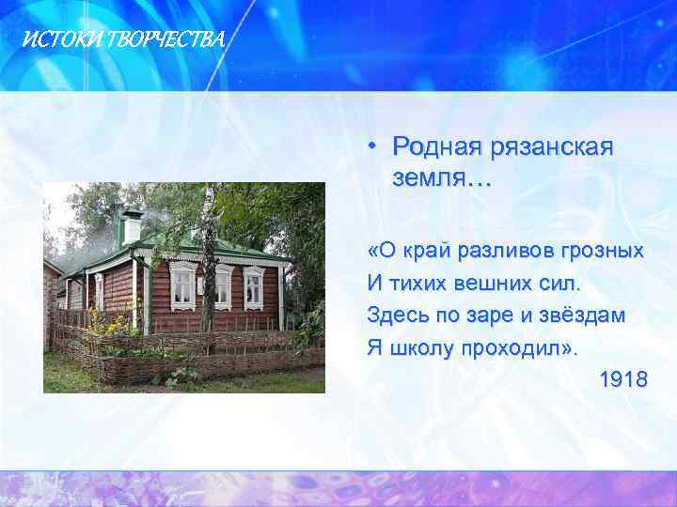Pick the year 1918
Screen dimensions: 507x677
pyautogui.click(x=622, y=379)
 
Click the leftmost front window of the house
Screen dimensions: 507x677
pyautogui.click(x=182, y=285)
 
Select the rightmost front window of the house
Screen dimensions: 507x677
pyautogui.click(x=254, y=286)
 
